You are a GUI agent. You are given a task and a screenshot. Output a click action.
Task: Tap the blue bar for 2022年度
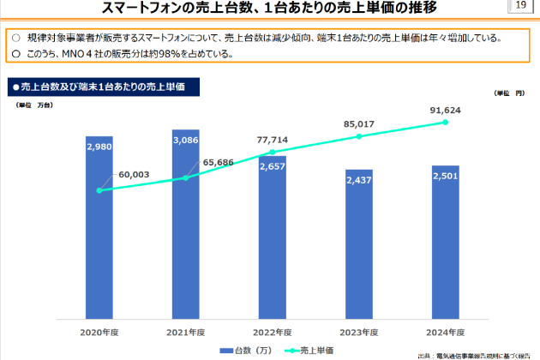(x=272, y=249)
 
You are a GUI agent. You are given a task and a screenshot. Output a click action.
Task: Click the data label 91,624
(x=445, y=111)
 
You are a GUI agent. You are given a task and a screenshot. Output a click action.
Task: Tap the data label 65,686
(x=218, y=161)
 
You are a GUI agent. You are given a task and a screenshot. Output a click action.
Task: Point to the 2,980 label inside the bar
(x=99, y=147)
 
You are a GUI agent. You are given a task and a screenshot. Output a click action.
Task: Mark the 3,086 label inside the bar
(x=185, y=140)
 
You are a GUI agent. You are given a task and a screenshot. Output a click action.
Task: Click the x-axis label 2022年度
(x=272, y=331)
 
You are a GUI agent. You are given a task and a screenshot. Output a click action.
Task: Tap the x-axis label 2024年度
(x=445, y=331)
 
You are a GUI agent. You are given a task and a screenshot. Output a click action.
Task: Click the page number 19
(x=519, y=7)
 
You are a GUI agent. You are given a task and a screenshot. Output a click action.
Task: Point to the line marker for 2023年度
(x=358, y=136)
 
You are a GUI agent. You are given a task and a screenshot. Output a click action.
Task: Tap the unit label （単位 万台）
(x=35, y=104)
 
